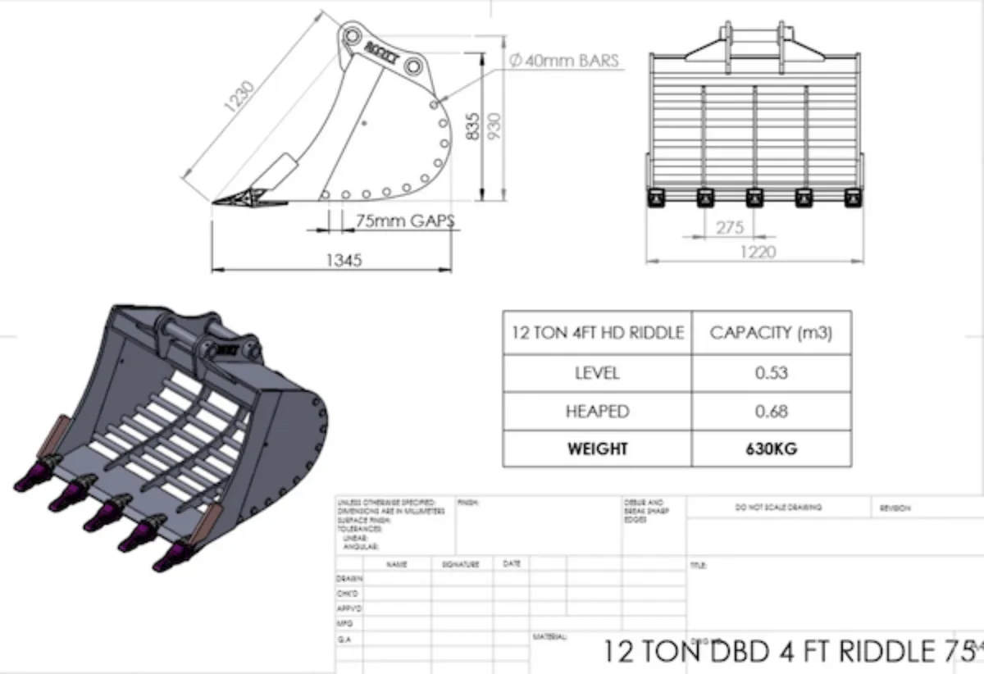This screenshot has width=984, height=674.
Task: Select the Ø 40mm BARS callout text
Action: point(563,61)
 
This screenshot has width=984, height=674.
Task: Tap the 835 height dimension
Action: point(473,125)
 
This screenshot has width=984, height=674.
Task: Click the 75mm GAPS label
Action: point(404,221)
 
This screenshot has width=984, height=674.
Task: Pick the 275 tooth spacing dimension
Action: point(729,228)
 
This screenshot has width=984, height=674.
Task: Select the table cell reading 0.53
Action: point(771,373)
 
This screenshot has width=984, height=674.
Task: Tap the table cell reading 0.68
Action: point(771,411)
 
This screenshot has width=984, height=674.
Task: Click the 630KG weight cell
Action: point(771,449)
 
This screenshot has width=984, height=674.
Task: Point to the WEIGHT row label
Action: point(597,449)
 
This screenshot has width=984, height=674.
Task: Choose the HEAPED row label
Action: point(597,411)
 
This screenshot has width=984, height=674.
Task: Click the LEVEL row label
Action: point(597,373)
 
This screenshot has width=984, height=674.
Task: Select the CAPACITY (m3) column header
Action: point(771,333)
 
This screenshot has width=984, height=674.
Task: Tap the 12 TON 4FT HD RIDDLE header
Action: point(597,333)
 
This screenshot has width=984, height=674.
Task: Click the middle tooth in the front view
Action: point(754,198)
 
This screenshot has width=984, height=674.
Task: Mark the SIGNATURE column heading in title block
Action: point(459,564)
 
